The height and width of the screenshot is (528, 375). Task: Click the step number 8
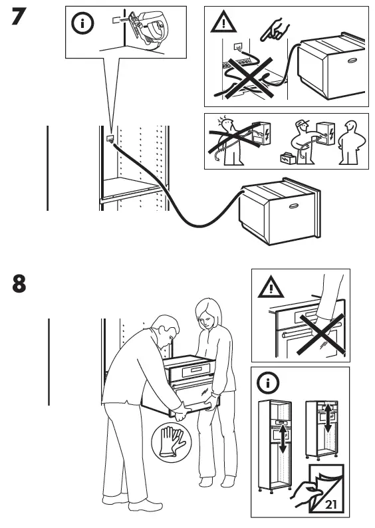[x=20, y=283]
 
